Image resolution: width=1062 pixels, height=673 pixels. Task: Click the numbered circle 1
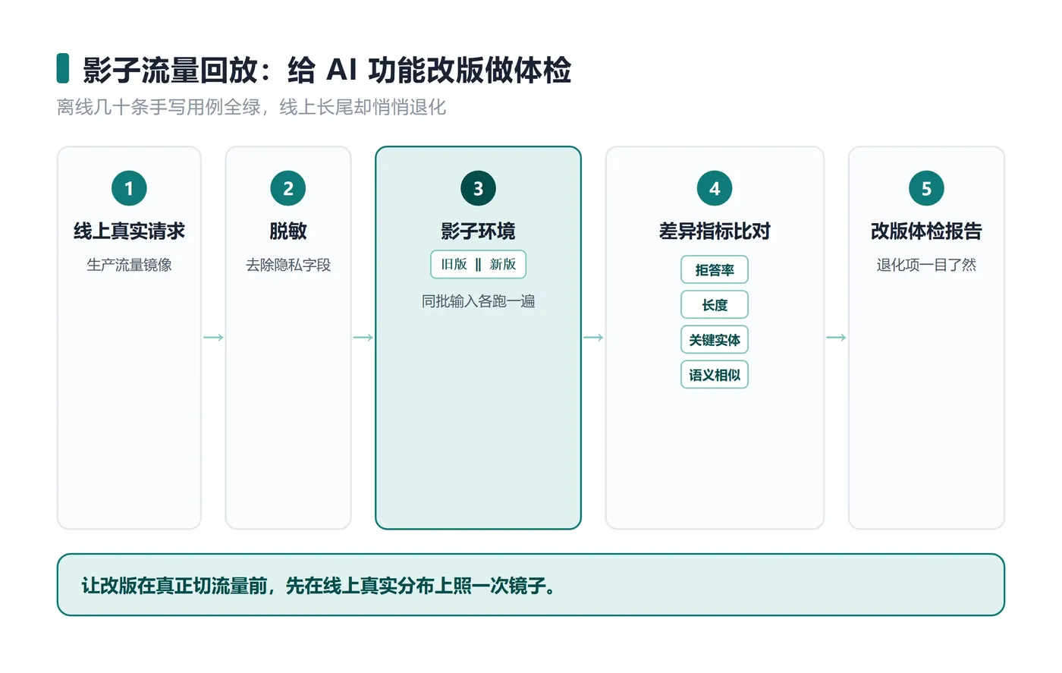(x=129, y=188)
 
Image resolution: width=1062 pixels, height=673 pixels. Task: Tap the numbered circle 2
(x=287, y=188)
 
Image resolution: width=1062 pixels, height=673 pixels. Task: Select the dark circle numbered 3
(x=478, y=188)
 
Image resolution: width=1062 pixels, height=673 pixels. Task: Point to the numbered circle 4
(x=715, y=188)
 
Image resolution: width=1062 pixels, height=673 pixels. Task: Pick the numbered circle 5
(x=926, y=188)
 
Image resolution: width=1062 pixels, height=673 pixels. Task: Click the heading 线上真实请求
(x=129, y=231)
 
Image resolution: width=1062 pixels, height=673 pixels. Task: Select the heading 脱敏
(x=287, y=231)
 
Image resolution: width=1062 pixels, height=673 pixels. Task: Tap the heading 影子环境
(x=478, y=231)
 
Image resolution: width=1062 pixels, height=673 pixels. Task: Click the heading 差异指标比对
(x=715, y=231)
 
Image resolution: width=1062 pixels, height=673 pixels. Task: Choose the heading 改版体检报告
(x=926, y=231)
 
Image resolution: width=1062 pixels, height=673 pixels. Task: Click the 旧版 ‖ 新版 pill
(x=478, y=264)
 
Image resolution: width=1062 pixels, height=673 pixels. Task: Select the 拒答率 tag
(x=715, y=269)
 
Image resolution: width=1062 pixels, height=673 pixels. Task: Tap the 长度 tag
(x=715, y=304)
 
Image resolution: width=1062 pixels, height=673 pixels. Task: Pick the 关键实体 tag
(x=715, y=340)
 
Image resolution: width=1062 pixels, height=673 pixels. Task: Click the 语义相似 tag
(x=715, y=375)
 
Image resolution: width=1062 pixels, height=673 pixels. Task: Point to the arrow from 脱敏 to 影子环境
(x=363, y=337)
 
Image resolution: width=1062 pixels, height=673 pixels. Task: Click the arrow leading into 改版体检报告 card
(x=836, y=337)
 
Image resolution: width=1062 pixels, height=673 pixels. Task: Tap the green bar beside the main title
(x=62, y=68)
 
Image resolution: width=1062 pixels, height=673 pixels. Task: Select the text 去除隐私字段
(x=287, y=265)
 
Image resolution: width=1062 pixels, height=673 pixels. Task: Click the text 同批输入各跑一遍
(x=478, y=300)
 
